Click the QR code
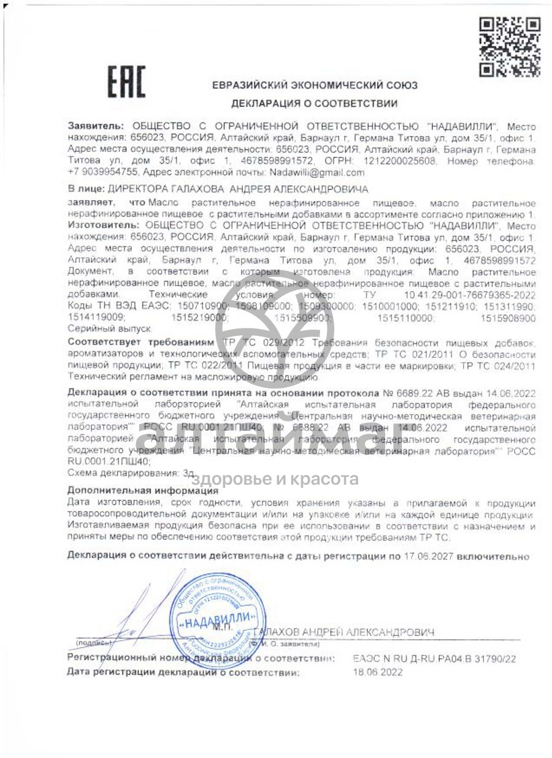(509, 47)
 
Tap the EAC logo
(127, 82)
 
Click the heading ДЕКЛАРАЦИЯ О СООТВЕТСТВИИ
(314, 104)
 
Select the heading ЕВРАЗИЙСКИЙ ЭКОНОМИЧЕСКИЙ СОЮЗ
(315, 86)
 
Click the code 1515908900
(508, 318)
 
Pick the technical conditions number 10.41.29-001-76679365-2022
(470, 295)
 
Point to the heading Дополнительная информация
(142, 490)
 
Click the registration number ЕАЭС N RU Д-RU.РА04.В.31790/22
(434, 659)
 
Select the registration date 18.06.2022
(378, 672)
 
